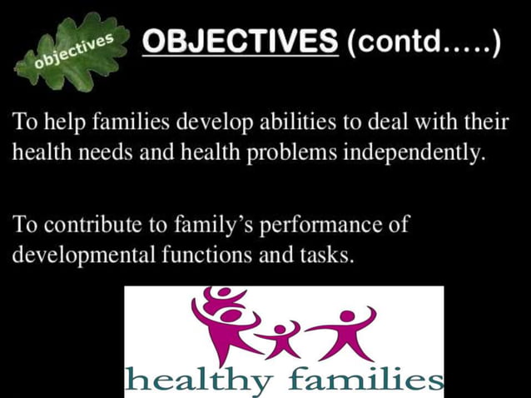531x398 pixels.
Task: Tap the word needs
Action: [x=108, y=155]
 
